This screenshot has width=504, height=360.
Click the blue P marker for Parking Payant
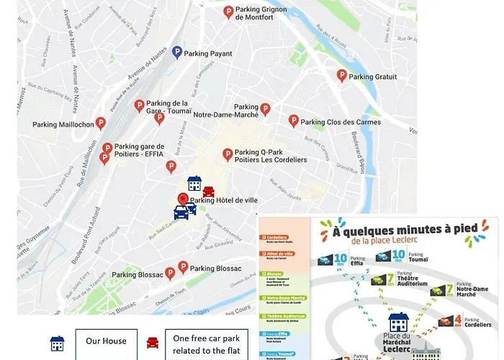coord(177,52)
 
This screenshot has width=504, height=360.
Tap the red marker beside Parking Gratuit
coord(342,76)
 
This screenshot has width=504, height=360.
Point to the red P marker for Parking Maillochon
coord(101,123)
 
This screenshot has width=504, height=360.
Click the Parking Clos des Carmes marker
coord(294,121)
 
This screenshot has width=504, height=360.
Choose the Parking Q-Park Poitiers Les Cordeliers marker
coord(228,154)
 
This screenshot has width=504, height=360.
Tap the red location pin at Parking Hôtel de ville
coord(183,199)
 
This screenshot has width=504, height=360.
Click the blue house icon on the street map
coord(194,184)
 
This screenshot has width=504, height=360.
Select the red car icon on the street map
coord(208,192)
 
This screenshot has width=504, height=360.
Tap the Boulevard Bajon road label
coord(360,154)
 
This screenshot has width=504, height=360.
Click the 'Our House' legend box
coord(106,341)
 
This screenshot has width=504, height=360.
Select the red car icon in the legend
coord(153,343)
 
